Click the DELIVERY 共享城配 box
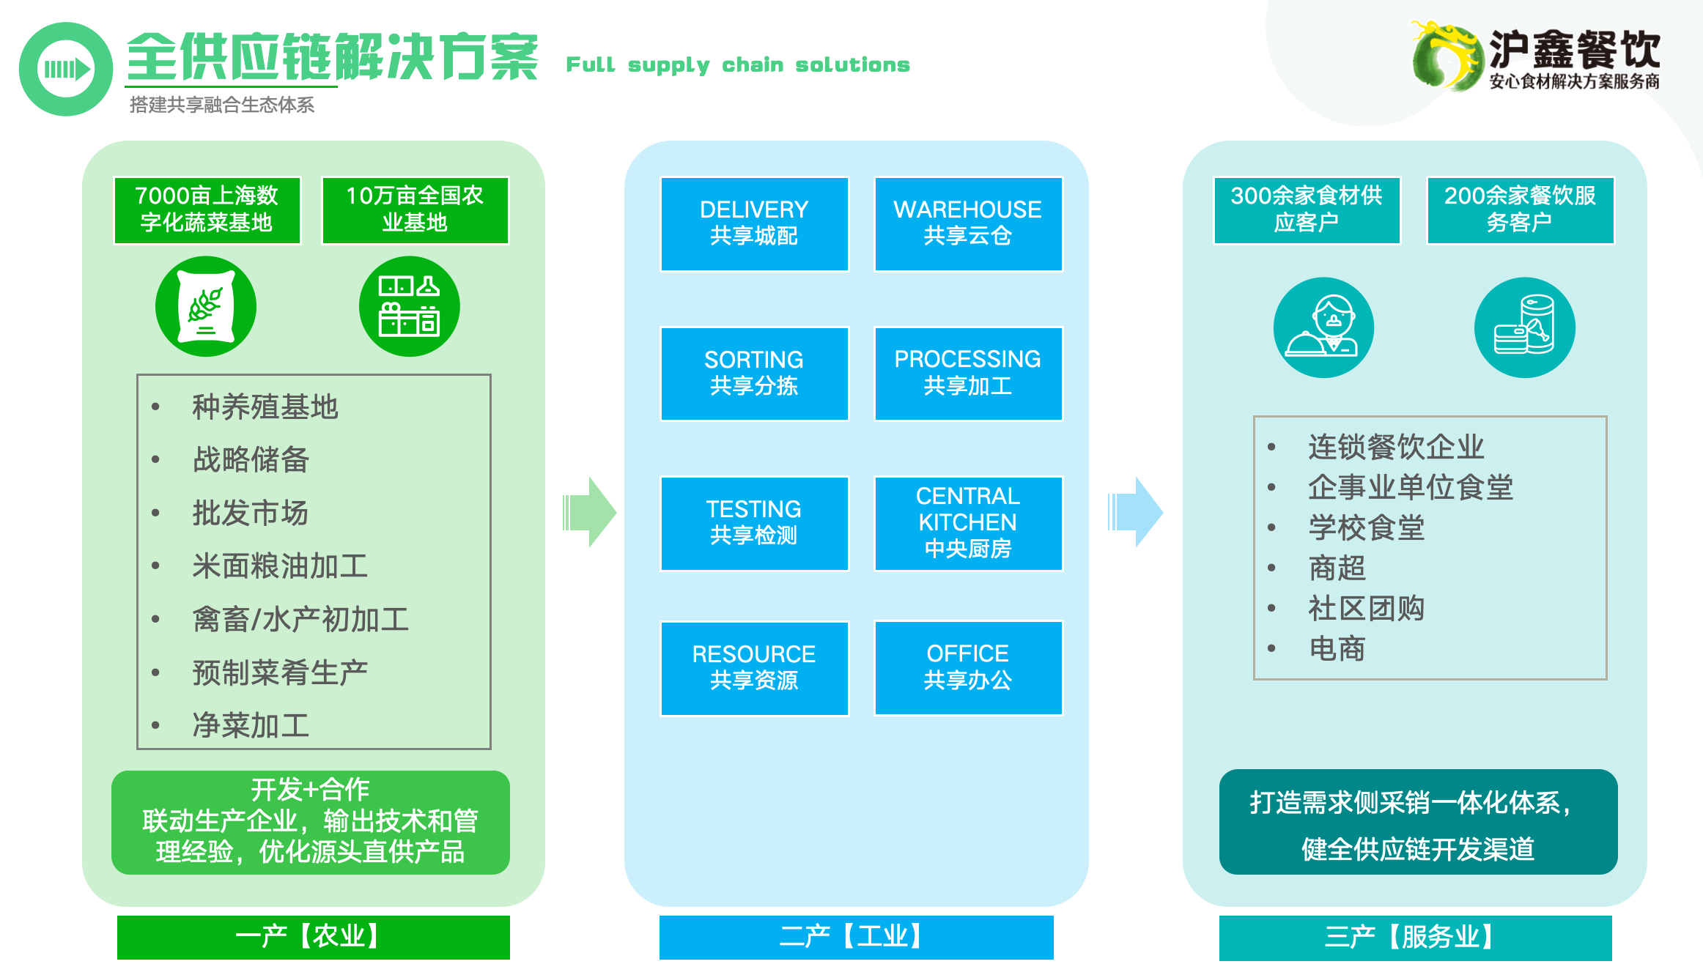(754, 223)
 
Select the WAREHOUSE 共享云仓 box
(967, 223)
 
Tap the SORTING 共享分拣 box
(754, 374)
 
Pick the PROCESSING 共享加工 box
(967, 374)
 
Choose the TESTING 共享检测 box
(754, 523)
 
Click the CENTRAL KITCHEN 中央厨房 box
(967, 523)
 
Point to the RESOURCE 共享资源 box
(754, 667)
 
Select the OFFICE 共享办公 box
(967, 667)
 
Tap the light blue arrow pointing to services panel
(1135, 512)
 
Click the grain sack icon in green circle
(206, 306)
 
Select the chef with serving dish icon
(1323, 327)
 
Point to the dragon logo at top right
(1444, 56)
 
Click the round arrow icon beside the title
(66, 69)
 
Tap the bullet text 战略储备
(251, 460)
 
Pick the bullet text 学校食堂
(1366, 528)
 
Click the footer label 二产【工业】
(856, 937)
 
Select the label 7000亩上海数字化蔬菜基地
(207, 210)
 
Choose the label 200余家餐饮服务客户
(1520, 210)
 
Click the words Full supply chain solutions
(738, 65)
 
